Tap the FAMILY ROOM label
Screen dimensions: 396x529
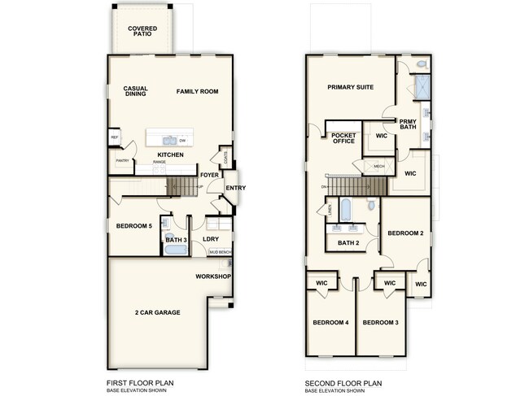[x=198, y=92]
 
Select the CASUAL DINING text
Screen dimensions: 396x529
[x=135, y=92]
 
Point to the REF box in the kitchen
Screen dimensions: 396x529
[x=115, y=137]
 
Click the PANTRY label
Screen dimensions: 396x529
[x=122, y=161]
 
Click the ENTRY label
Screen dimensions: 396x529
[x=236, y=189]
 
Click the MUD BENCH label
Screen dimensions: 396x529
[x=220, y=252]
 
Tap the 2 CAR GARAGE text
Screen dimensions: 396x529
[x=157, y=312]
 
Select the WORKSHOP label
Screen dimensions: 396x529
[x=213, y=276]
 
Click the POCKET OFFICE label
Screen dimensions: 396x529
[x=343, y=137]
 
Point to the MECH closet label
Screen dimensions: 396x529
[x=378, y=167]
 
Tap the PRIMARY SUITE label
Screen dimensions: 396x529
[x=350, y=87]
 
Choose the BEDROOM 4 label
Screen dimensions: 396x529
[x=330, y=323]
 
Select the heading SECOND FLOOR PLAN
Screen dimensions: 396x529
[x=342, y=382]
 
